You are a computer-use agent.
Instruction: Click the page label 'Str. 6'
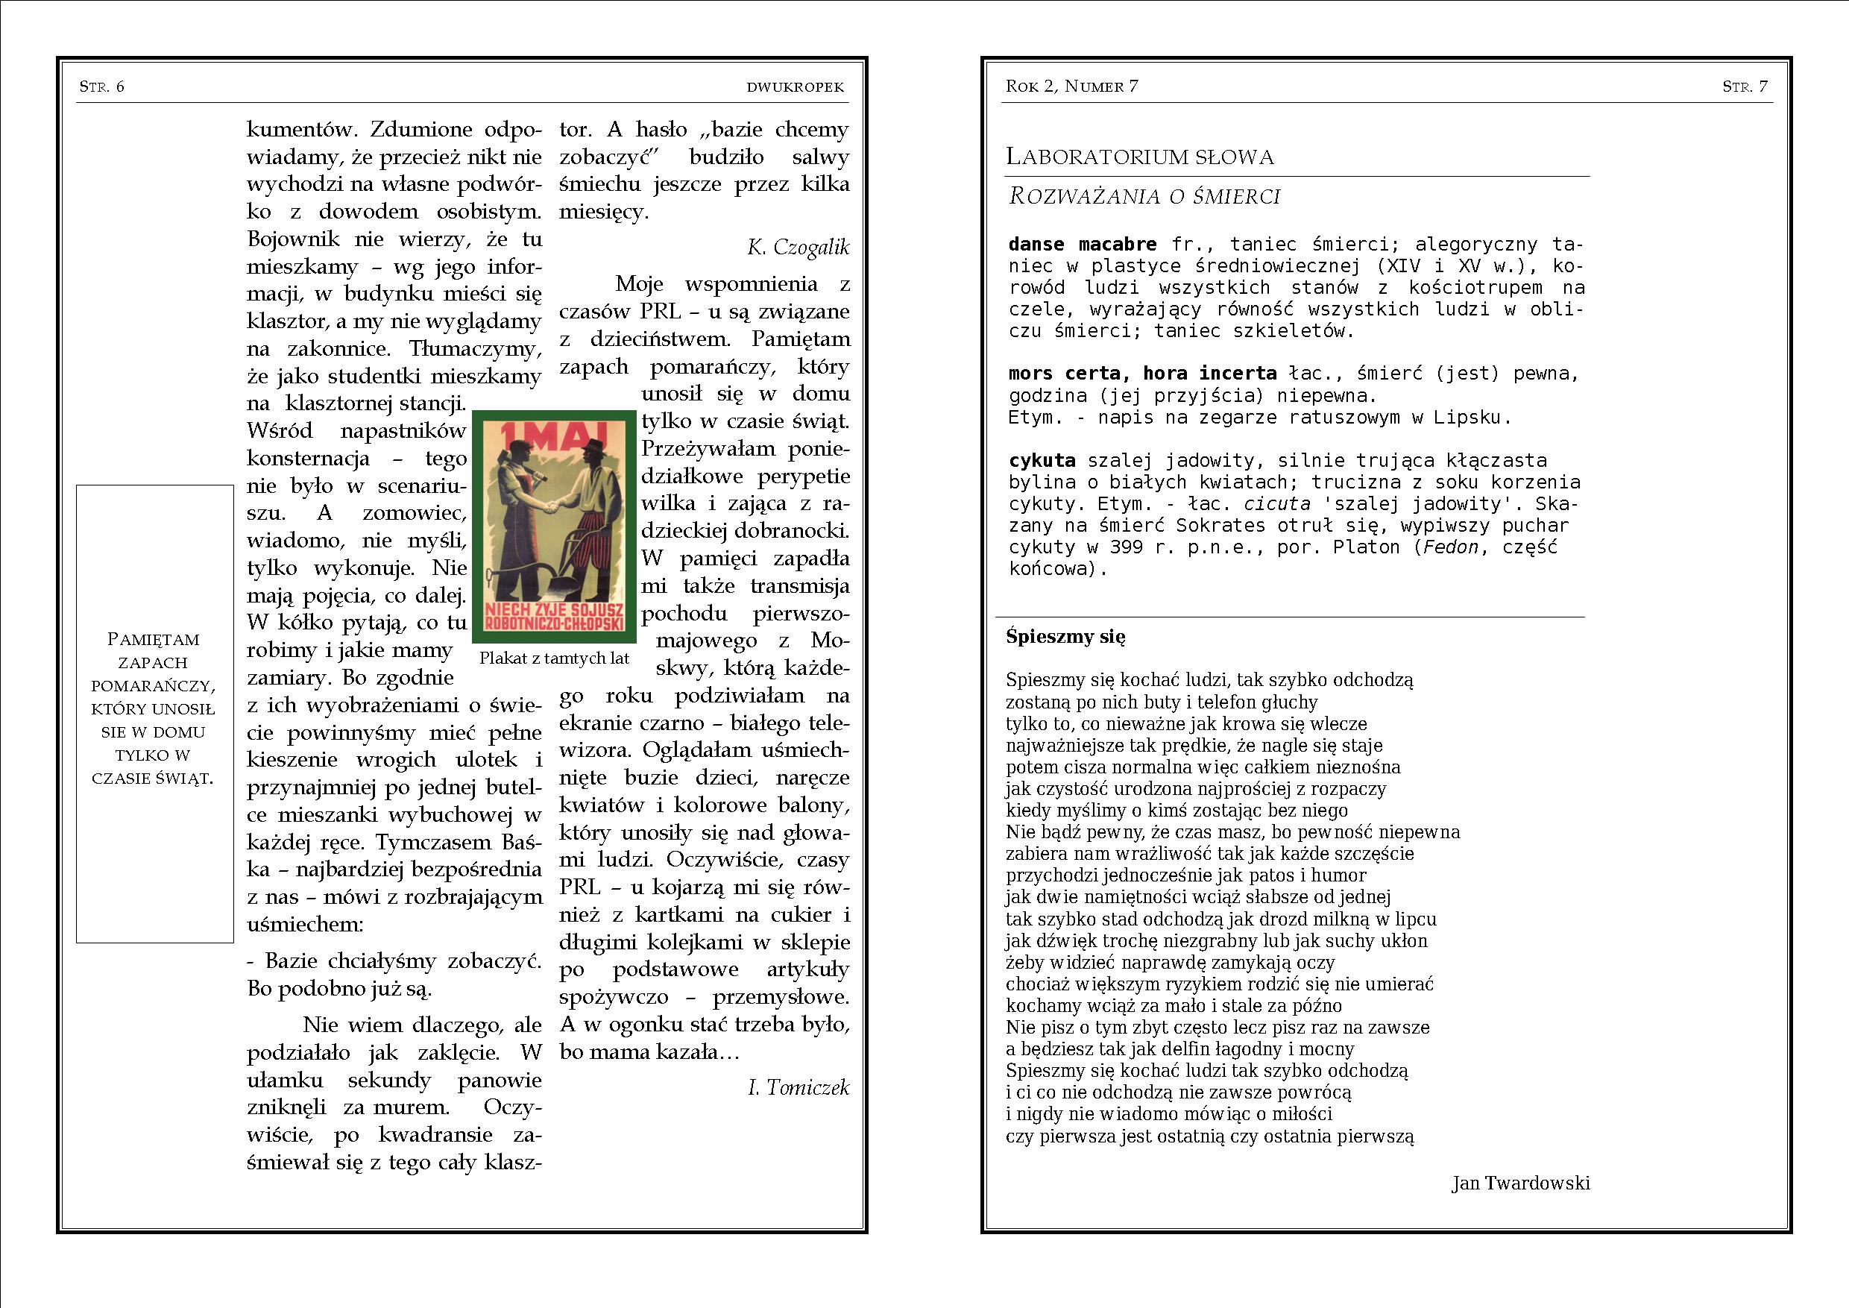pyautogui.click(x=101, y=87)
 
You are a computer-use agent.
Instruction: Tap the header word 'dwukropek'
pyautogui.click(x=795, y=87)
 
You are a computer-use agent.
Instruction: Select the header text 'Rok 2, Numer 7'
pyautogui.click(x=1071, y=87)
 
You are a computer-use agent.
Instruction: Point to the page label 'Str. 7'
pyautogui.click(x=1745, y=87)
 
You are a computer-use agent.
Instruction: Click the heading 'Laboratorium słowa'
pyautogui.click(x=1139, y=157)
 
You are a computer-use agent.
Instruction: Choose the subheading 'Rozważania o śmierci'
pyautogui.click(x=1144, y=197)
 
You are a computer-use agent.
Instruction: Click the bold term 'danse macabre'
pyautogui.click(x=1083, y=244)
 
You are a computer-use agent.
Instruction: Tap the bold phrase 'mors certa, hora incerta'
pyautogui.click(x=1142, y=374)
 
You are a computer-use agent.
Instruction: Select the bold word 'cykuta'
pyautogui.click(x=1042, y=461)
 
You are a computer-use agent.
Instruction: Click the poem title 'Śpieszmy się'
pyautogui.click(x=1065, y=637)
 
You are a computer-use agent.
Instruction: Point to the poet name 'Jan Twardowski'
pyautogui.click(x=1520, y=1183)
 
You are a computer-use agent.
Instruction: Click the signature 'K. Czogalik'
pyautogui.click(x=797, y=248)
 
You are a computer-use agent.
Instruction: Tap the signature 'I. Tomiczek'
pyautogui.click(x=798, y=1088)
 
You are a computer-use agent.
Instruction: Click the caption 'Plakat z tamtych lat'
pyautogui.click(x=554, y=658)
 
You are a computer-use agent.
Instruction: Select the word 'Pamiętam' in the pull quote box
pyautogui.click(x=153, y=640)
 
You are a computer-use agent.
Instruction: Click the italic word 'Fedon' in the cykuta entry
pyautogui.click(x=1451, y=547)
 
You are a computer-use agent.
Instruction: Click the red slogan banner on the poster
pyautogui.click(x=554, y=616)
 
